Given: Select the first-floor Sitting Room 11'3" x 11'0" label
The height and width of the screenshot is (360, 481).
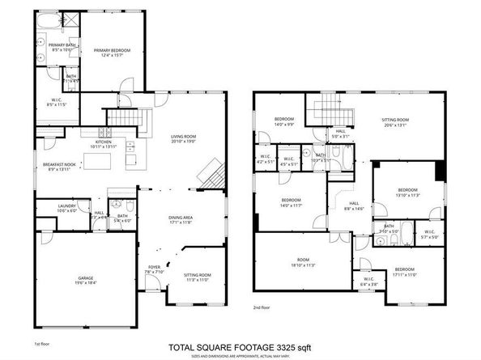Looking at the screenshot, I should [x=197, y=277].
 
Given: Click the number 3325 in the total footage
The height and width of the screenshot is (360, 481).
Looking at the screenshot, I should [x=281, y=349].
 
